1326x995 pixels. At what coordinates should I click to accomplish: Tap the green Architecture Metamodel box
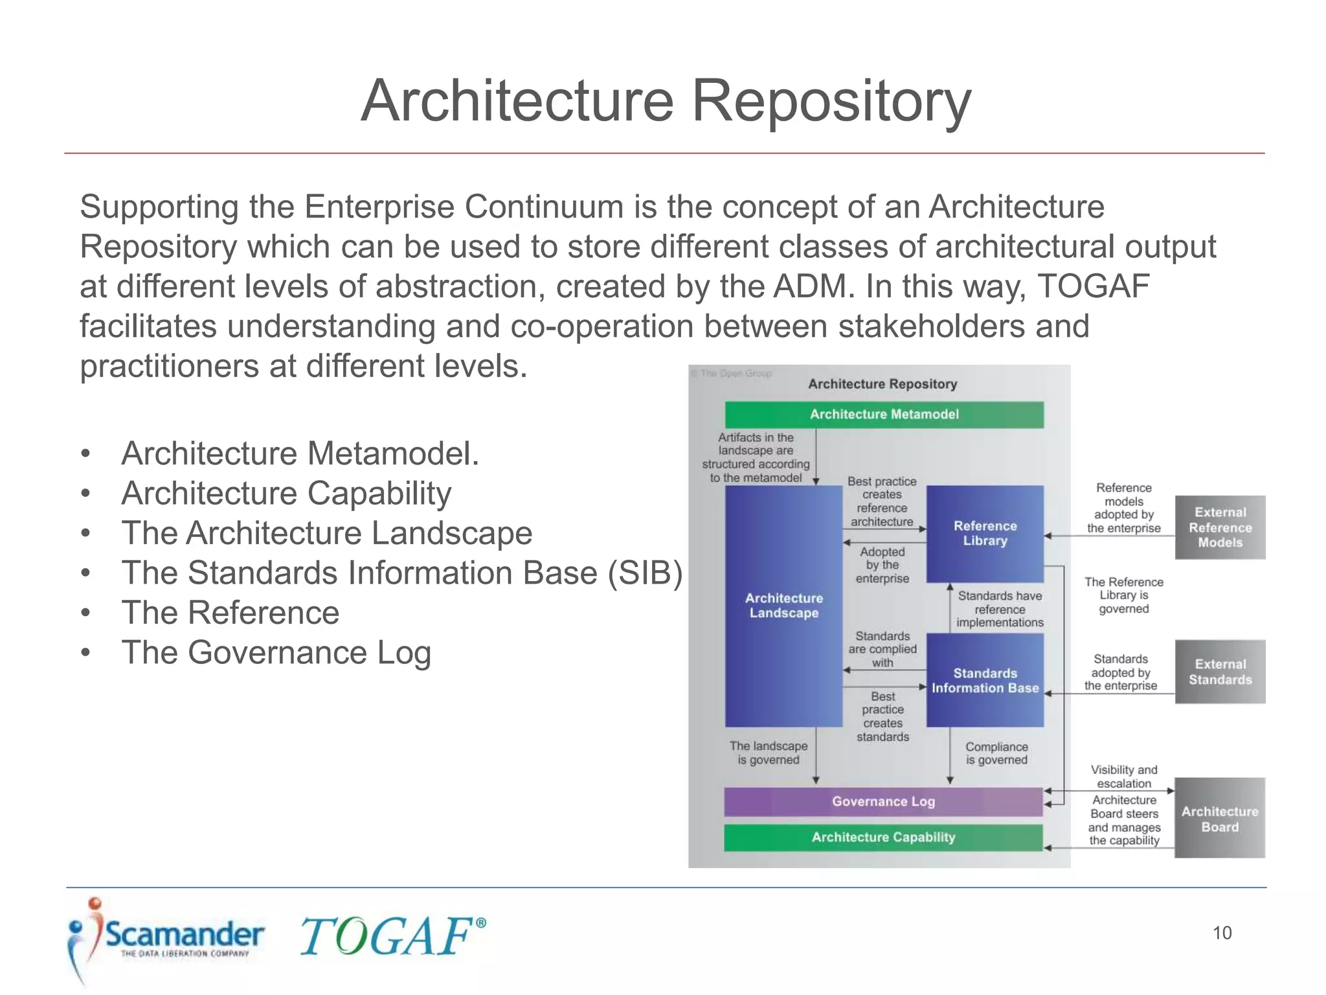coord(884,415)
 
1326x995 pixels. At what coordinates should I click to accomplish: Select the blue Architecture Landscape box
coord(783,606)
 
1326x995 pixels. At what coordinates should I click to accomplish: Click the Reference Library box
coord(985,533)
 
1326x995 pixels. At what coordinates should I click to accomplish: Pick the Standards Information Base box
coord(985,680)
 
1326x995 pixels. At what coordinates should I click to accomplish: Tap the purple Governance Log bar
coord(883,801)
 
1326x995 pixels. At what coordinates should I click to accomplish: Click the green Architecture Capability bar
coord(883,837)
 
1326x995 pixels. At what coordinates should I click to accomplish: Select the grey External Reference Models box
coord(1220,527)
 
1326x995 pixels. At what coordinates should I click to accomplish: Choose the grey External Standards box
coord(1220,672)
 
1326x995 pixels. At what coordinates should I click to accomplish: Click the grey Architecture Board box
coord(1220,819)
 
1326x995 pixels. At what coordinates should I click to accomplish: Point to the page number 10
coord(1222,933)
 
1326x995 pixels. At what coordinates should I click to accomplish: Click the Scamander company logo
coord(165,937)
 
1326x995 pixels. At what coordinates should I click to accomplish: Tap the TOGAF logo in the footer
coord(392,937)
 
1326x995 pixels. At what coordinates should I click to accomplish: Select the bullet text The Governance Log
coord(276,652)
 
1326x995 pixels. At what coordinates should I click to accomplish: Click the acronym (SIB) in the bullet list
coord(645,573)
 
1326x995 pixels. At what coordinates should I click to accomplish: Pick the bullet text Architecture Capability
coord(286,494)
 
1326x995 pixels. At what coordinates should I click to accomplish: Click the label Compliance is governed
coord(996,753)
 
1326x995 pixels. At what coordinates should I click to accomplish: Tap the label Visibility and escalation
coord(1124,776)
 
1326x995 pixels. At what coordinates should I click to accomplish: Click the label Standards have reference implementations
coord(1000,609)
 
